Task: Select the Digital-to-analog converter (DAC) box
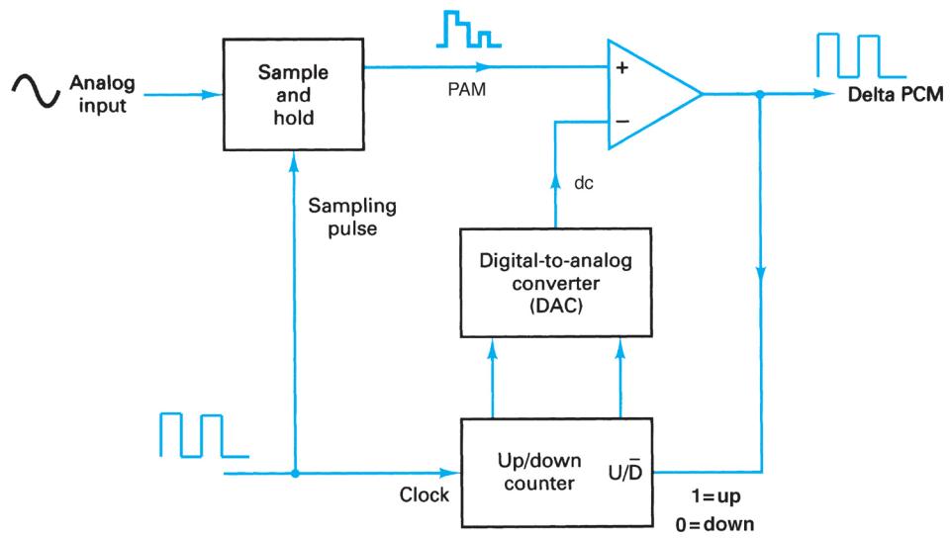(x=555, y=288)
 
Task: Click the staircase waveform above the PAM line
(x=464, y=33)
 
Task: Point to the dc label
(x=585, y=183)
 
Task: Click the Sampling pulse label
(x=351, y=218)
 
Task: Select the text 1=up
(x=716, y=497)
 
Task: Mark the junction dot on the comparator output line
(x=759, y=95)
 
